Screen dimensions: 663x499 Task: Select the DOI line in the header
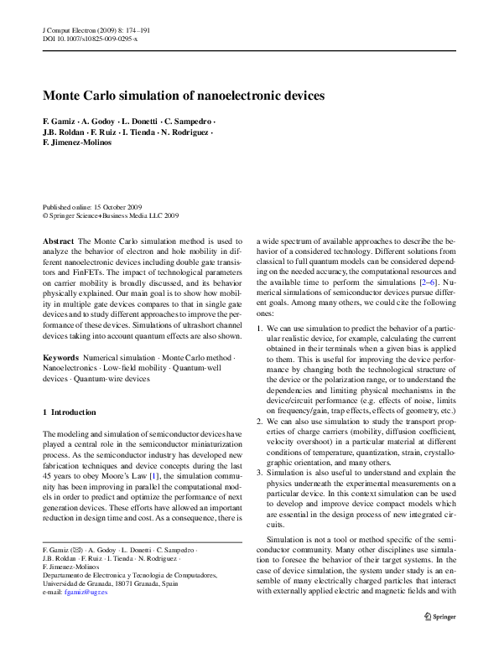pyautogui.click(x=91, y=39)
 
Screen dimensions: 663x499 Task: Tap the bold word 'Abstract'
pyautogui.click(x=58, y=240)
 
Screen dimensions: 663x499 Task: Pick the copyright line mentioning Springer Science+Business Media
pyautogui.click(x=110, y=215)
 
